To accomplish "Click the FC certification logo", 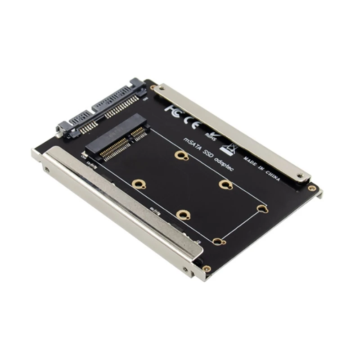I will pyautogui.click(x=173, y=108).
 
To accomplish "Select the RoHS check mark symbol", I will pyautogui.click(x=209, y=131).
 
